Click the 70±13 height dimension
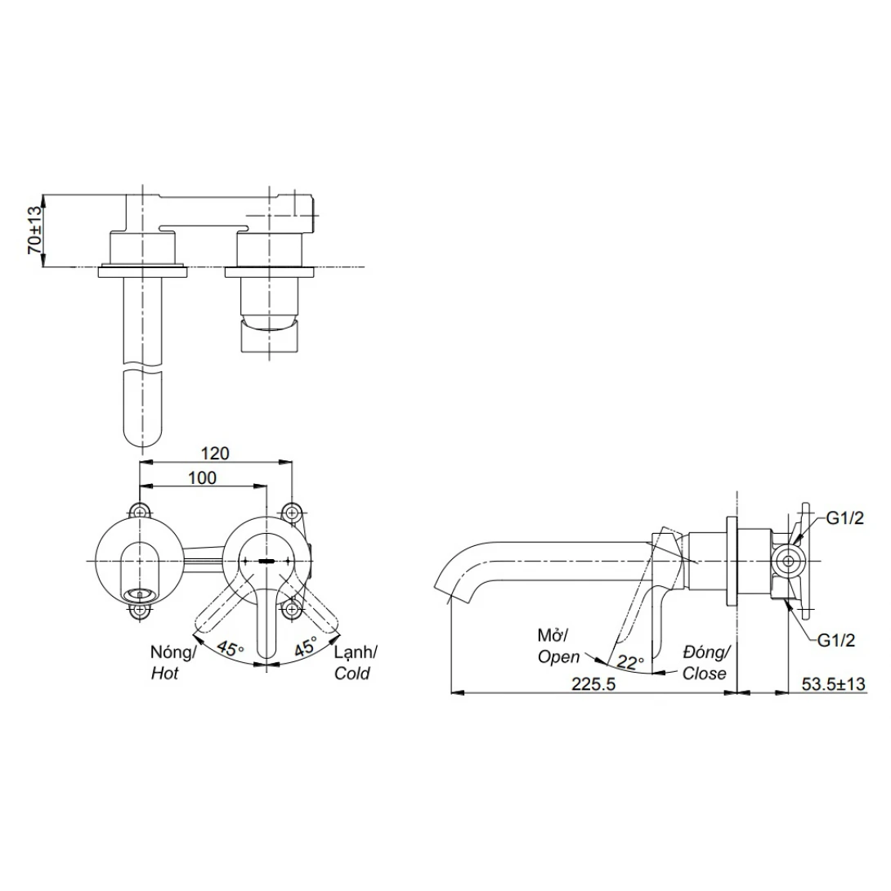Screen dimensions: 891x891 click(x=35, y=230)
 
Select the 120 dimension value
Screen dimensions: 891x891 click(x=215, y=453)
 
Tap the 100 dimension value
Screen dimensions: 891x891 click(x=202, y=478)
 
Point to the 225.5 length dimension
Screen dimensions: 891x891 click(x=593, y=683)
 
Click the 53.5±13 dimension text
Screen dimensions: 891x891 click(x=834, y=683)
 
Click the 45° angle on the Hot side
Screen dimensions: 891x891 click(x=231, y=648)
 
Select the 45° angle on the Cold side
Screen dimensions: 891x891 click(x=305, y=647)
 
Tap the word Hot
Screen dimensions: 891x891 click(x=165, y=674)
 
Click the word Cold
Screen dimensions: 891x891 click(x=351, y=674)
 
